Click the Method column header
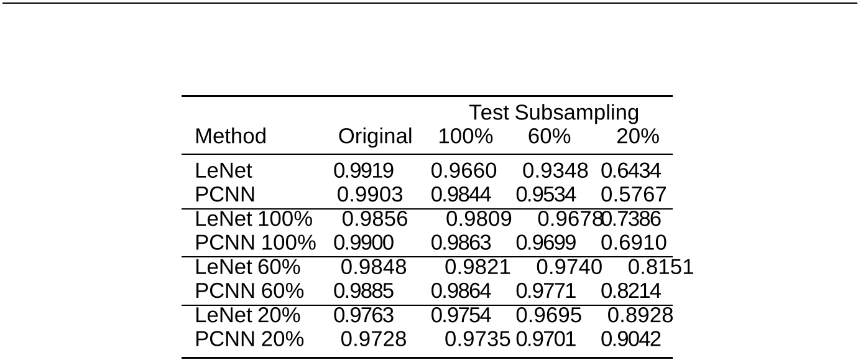tap(230, 136)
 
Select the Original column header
tap(375, 136)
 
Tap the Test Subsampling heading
tap(553, 113)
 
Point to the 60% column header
tap(549, 136)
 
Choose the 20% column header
tap(637, 136)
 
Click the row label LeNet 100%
tap(254, 219)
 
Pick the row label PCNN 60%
tap(249, 290)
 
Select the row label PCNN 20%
tap(249, 339)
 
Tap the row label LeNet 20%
tap(247, 315)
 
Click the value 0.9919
tap(364, 171)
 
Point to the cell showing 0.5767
tap(634, 195)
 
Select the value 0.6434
tap(630, 171)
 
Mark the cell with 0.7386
tap(632, 219)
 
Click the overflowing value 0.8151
tap(660, 267)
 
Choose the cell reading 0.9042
tap(630, 339)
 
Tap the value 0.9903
tap(370, 195)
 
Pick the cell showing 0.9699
tap(546, 243)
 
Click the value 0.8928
tap(640, 315)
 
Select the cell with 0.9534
tap(546, 195)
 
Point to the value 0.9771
tap(546, 290)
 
